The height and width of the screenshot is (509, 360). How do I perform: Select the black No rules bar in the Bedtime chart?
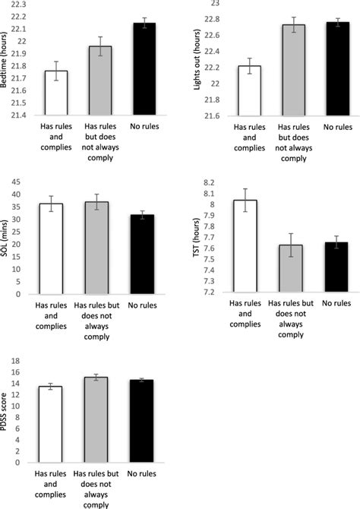(x=144, y=69)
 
